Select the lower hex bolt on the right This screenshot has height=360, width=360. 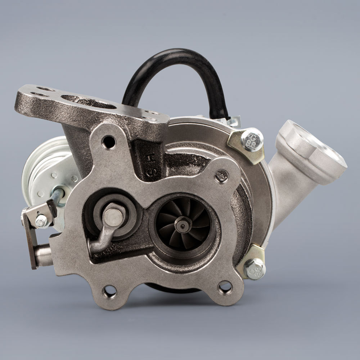click(255, 269)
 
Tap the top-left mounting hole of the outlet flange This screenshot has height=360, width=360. click(109, 142)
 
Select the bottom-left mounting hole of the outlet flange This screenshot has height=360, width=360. click(110, 291)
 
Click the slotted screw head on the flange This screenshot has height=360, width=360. click(221, 176)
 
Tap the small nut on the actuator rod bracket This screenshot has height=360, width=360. click(41, 221)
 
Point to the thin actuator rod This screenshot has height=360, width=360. click(58, 196)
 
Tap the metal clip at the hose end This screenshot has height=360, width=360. click(232, 121)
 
